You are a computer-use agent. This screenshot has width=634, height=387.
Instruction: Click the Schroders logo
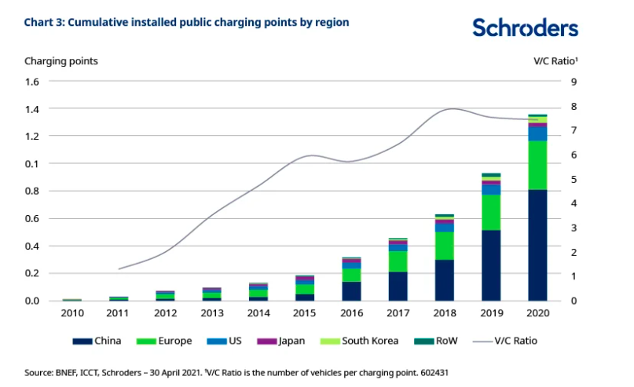tap(525, 28)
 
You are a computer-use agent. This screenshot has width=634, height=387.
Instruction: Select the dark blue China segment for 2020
tap(537, 245)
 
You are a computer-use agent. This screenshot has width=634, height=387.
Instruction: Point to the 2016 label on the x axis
tap(351, 312)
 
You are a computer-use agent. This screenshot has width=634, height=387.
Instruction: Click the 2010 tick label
tap(72, 312)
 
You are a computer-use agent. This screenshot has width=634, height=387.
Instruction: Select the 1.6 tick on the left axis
tap(32, 82)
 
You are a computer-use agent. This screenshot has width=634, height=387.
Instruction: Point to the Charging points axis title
tap(61, 60)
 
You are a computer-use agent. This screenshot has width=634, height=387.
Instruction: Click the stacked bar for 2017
tap(398, 269)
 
